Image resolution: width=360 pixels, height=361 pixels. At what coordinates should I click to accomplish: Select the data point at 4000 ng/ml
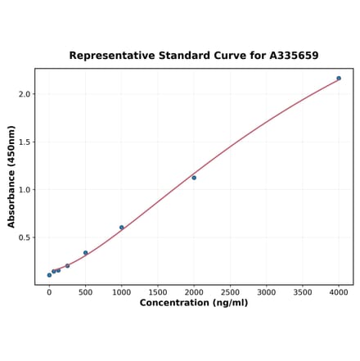(339, 79)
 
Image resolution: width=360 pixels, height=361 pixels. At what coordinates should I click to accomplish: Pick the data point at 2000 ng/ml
(194, 178)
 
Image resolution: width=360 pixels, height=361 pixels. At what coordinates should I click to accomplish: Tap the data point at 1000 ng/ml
(122, 228)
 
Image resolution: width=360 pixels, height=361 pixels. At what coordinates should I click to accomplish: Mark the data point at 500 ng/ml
(85, 253)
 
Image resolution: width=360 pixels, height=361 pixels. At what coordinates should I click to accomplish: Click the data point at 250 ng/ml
(67, 265)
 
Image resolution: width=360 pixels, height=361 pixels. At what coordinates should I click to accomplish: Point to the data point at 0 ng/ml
(49, 275)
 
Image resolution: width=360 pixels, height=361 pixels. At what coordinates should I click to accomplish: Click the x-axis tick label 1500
(158, 292)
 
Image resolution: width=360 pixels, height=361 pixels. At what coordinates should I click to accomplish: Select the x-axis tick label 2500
(230, 292)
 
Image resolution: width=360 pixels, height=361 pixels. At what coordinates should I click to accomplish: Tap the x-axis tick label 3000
(266, 292)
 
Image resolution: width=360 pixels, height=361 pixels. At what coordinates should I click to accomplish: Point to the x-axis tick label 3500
(303, 292)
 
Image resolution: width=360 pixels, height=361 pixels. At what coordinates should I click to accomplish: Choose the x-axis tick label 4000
(339, 292)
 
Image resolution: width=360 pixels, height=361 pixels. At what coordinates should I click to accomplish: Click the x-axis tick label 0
(49, 292)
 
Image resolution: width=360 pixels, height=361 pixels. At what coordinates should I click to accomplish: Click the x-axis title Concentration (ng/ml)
(194, 304)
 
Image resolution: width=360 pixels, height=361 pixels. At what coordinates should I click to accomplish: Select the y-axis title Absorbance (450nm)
(11, 176)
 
